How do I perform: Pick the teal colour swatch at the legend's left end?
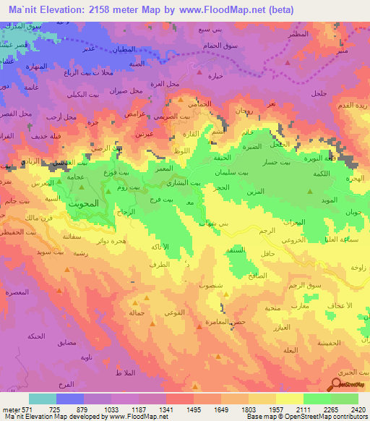(43, 399)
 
